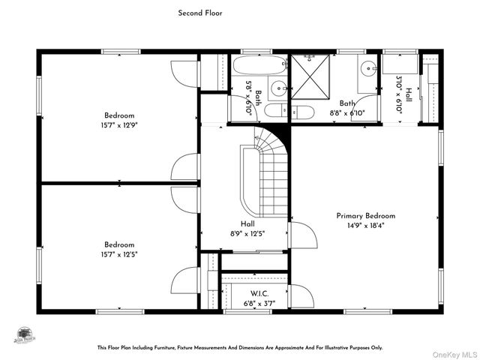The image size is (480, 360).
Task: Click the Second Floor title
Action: (199, 13)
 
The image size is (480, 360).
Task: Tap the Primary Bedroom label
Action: (365, 215)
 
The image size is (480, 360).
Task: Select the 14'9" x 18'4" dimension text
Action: (365, 224)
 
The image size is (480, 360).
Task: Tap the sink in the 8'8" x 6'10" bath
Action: (370, 68)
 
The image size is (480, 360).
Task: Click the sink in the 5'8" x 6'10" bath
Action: (277, 87)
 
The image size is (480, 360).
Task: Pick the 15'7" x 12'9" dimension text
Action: (119, 125)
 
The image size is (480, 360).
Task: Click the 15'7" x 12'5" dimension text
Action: (119, 254)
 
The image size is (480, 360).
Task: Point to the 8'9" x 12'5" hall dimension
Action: (247, 233)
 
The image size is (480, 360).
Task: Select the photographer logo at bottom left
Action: (25, 334)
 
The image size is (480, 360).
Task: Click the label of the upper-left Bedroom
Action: (119, 115)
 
